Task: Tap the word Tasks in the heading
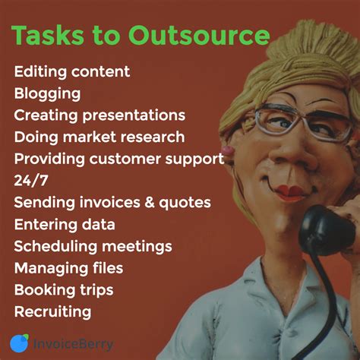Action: pos(46,36)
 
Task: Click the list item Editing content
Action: pos(71,72)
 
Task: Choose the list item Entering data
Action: pos(64,225)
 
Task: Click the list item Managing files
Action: pos(68,268)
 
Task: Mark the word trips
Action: pos(95,290)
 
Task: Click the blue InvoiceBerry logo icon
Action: pos(19,343)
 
